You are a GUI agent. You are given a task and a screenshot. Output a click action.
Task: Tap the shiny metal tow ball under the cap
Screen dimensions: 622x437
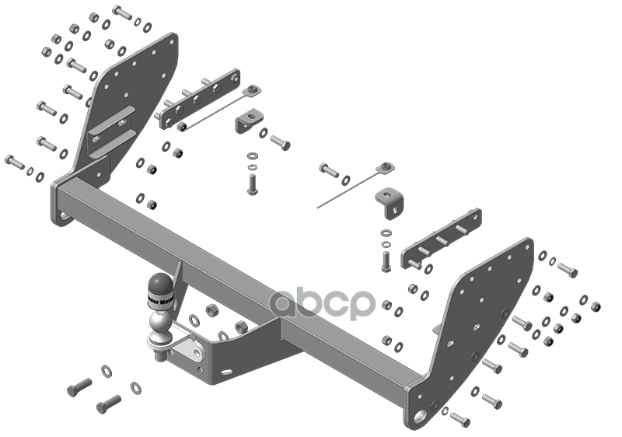click(x=159, y=320)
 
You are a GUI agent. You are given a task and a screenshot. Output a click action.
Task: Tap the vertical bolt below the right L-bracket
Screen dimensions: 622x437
click(x=387, y=260)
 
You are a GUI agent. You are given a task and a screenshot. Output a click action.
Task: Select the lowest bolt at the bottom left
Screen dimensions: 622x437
click(x=108, y=404)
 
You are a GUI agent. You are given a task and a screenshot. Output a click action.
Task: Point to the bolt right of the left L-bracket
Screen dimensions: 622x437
click(x=280, y=142)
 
